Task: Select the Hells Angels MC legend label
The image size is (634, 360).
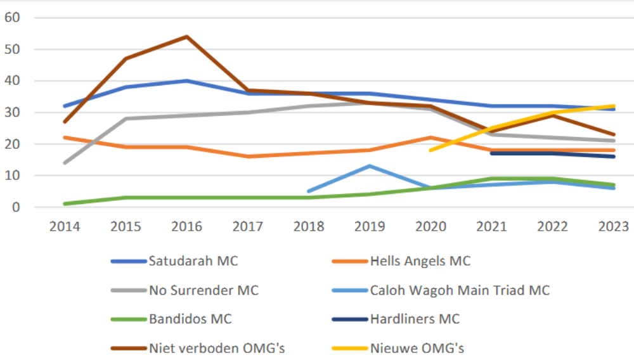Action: (420, 260)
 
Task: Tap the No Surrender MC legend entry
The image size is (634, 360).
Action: (204, 290)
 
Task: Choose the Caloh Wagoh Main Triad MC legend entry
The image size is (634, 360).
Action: (460, 290)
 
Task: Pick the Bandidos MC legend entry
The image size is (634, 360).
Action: (190, 319)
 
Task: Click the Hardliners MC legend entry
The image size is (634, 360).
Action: (415, 319)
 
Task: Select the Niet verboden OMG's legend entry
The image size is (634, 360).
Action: (213, 347)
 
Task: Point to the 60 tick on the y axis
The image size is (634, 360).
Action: (13, 18)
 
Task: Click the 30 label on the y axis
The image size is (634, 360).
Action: (13, 112)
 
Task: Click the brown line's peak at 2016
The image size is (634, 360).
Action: (187, 37)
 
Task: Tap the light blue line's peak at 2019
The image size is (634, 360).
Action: (370, 166)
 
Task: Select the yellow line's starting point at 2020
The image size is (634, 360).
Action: (430, 150)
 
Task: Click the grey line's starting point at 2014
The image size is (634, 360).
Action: (65, 163)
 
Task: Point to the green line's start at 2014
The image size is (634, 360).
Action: (65, 204)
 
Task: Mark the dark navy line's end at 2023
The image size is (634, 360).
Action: (613, 157)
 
